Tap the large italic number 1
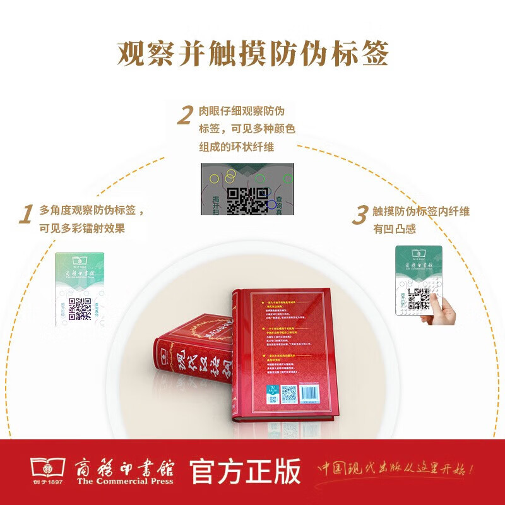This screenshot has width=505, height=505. pyautogui.click(x=25, y=215)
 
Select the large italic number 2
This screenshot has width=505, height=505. pyautogui.click(x=184, y=116)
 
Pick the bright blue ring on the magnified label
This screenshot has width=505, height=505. pyautogui.click(x=272, y=204)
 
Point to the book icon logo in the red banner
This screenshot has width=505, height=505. pyautogui.click(x=47, y=471)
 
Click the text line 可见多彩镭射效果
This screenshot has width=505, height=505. pyautogui.click(x=82, y=229)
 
